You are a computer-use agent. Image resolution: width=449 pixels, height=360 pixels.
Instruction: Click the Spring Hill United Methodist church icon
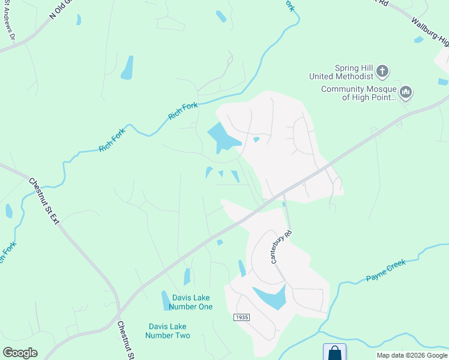(382, 72)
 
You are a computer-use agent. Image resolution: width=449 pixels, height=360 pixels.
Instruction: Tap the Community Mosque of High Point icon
(406, 92)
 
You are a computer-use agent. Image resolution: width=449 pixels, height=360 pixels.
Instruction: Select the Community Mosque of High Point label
(359, 93)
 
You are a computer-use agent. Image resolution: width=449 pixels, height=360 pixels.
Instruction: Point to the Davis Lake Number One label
(191, 302)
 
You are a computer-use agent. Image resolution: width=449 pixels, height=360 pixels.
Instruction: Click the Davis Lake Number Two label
(169, 331)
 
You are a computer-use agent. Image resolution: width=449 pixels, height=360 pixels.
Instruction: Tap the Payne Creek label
(386, 270)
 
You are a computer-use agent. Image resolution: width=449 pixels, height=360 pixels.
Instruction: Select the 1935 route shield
(241, 317)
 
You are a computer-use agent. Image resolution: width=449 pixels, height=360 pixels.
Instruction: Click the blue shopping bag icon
(334, 352)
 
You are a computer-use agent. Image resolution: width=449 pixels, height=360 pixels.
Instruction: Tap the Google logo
(20, 352)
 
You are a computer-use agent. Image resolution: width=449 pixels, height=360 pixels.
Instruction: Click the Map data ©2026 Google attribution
(412, 355)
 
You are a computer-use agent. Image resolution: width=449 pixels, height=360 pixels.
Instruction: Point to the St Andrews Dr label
(10, 28)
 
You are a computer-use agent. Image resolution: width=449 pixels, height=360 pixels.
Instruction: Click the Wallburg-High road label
(430, 32)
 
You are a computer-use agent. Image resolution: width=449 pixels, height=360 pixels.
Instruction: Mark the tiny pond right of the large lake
(256, 140)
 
